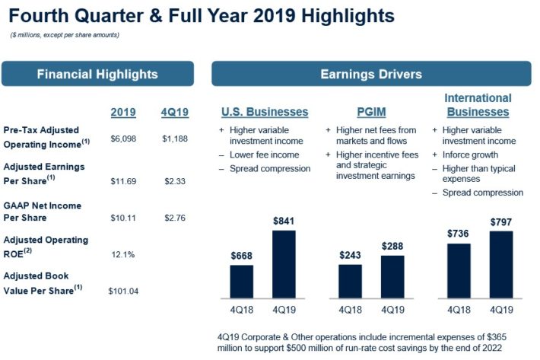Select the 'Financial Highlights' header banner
click(x=97, y=74)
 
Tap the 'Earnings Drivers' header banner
click(x=371, y=74)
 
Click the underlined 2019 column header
click(x=122, y=112)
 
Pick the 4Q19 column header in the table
click(x=175, y=112)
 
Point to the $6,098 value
click(x=122, y=138)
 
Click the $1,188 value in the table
click(x=175, y=138)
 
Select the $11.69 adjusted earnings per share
click(x=122, y=181)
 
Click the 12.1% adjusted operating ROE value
click(x=122, y=253)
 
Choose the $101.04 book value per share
click(x=124, y=291)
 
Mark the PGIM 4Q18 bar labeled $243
click(x=351, y=281)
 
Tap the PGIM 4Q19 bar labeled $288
click(x=392, y=276)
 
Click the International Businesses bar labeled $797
click(x=500, y=263)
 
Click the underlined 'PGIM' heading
click(x=371, y=112)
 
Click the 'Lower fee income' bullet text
click(x=264, y=154)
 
